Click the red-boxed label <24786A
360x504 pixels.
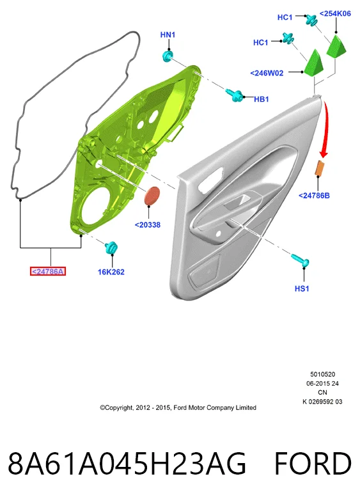(48, 272)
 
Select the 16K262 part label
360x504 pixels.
(111, 272)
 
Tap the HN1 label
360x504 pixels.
(168, 35)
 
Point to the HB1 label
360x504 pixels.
(262, 99)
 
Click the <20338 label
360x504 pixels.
(148, 225)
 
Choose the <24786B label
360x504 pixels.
(314, 196)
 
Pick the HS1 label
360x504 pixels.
(302, 288)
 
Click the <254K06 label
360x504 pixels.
(335, 13)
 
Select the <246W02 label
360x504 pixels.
(267, 73)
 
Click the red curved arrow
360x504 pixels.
(326, 129)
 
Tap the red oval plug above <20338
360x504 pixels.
(152, 195)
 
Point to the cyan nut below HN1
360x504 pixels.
(168, 56)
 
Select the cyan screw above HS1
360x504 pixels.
(301, 260)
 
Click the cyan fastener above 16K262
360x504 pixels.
(111, 247)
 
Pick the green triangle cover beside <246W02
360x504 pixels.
(313, 63)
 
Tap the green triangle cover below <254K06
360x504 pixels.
(336, 47)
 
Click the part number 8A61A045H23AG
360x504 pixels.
(127, 464)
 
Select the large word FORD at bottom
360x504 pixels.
(313, 464)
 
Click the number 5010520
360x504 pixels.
(322, 374)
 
